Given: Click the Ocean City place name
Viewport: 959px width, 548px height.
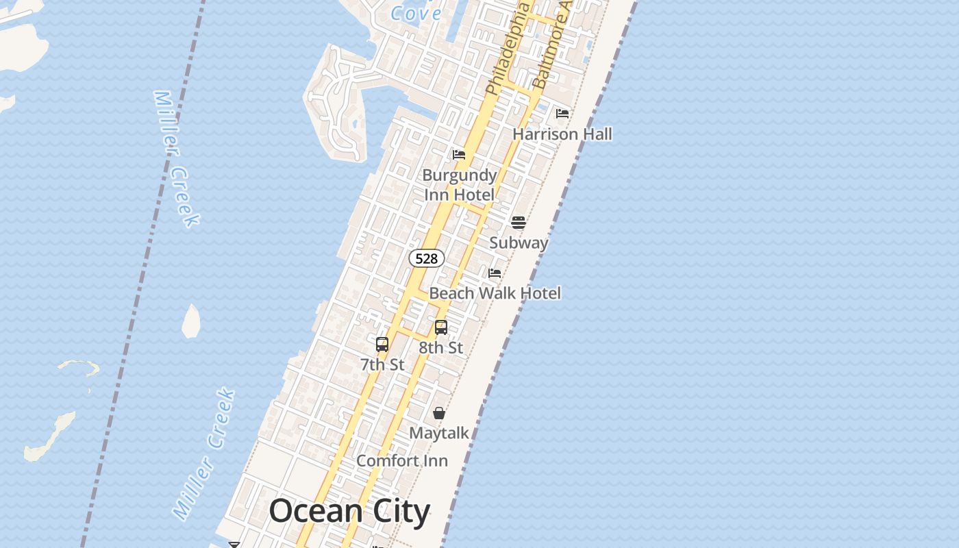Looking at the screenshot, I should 349,512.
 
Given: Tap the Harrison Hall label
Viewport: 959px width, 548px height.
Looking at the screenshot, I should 562,134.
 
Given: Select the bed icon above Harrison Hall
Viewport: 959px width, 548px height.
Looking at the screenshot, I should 562,113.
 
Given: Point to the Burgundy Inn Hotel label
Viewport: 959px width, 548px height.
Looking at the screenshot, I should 459,185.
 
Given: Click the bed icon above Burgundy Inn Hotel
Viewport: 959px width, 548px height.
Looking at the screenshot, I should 459,155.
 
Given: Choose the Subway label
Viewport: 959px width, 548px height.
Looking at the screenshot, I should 519,242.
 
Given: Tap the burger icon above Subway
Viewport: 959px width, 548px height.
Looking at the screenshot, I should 519,222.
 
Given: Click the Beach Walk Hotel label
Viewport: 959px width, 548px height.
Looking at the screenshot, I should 495,293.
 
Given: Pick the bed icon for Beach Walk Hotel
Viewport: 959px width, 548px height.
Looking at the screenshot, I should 495,273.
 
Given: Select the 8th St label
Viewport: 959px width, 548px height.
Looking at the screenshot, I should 441,348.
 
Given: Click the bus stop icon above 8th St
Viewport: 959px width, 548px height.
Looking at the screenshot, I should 441,327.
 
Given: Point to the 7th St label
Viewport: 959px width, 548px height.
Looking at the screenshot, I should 382,365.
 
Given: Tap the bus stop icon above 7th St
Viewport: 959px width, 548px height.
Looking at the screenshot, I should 382,345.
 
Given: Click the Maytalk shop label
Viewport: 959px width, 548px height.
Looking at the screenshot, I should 439,434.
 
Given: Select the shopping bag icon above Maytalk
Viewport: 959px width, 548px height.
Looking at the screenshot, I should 439,413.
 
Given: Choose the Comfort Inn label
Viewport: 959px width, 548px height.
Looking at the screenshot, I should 402,461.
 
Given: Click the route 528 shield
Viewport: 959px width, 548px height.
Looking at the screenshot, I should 427,258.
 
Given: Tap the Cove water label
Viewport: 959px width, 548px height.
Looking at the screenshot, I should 416,13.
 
